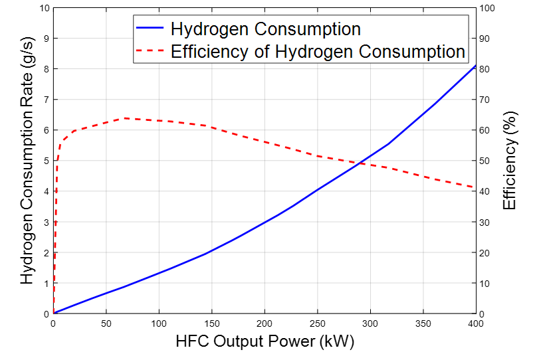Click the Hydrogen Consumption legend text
coord(265,29)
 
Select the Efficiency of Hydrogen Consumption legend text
coord(318,51)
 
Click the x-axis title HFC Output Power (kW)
coord(265,343)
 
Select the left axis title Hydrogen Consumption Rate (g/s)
coord(27,161)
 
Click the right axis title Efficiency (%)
coord(510,161)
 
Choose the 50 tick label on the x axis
coord(106,324)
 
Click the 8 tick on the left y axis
coord(46,69)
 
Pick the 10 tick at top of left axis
coord(44,8)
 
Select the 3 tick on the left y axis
coord(46,223)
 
